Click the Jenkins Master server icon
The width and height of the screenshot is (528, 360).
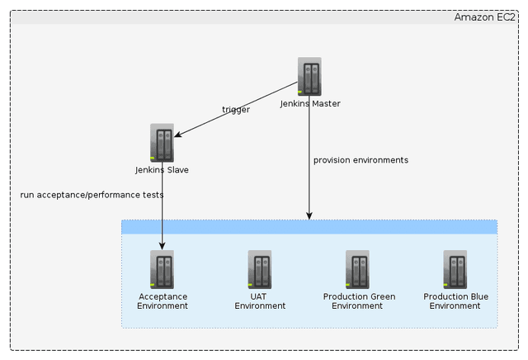click(x=309, y=77)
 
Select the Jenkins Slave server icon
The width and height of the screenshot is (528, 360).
click(x=163, y=143)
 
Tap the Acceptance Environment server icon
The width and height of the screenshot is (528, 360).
click(x=163, y=270)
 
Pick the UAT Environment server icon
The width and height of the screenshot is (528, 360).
click(x=260, y=270)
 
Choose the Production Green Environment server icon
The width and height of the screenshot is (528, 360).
click(x=358, y=270)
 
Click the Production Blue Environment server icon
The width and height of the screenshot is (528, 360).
click(x=455, y=270)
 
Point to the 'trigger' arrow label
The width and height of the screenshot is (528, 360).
click(x=236, y=110)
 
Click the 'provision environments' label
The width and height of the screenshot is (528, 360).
click(x=361, y=160)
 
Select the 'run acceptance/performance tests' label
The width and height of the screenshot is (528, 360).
click(x=92, y=195)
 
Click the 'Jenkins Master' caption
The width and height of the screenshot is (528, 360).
click(x=309, y=104)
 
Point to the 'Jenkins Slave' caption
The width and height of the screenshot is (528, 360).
click(x=163, y=170)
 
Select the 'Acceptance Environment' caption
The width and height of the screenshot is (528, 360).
click(x=163, y=301)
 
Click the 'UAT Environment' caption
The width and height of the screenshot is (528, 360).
click(x=260, y=301)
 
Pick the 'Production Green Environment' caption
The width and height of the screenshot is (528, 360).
click(x=359, y=301)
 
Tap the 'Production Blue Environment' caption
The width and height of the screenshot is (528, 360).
click(x=455, y=301)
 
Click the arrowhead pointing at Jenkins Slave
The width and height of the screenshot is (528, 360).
click(x=180, y=135)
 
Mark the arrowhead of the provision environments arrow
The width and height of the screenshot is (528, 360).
click(x=309, y=216)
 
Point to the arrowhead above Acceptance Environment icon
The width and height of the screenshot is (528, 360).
click(x=163, y=244)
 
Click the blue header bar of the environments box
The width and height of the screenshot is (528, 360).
click(x=309, y=227)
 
